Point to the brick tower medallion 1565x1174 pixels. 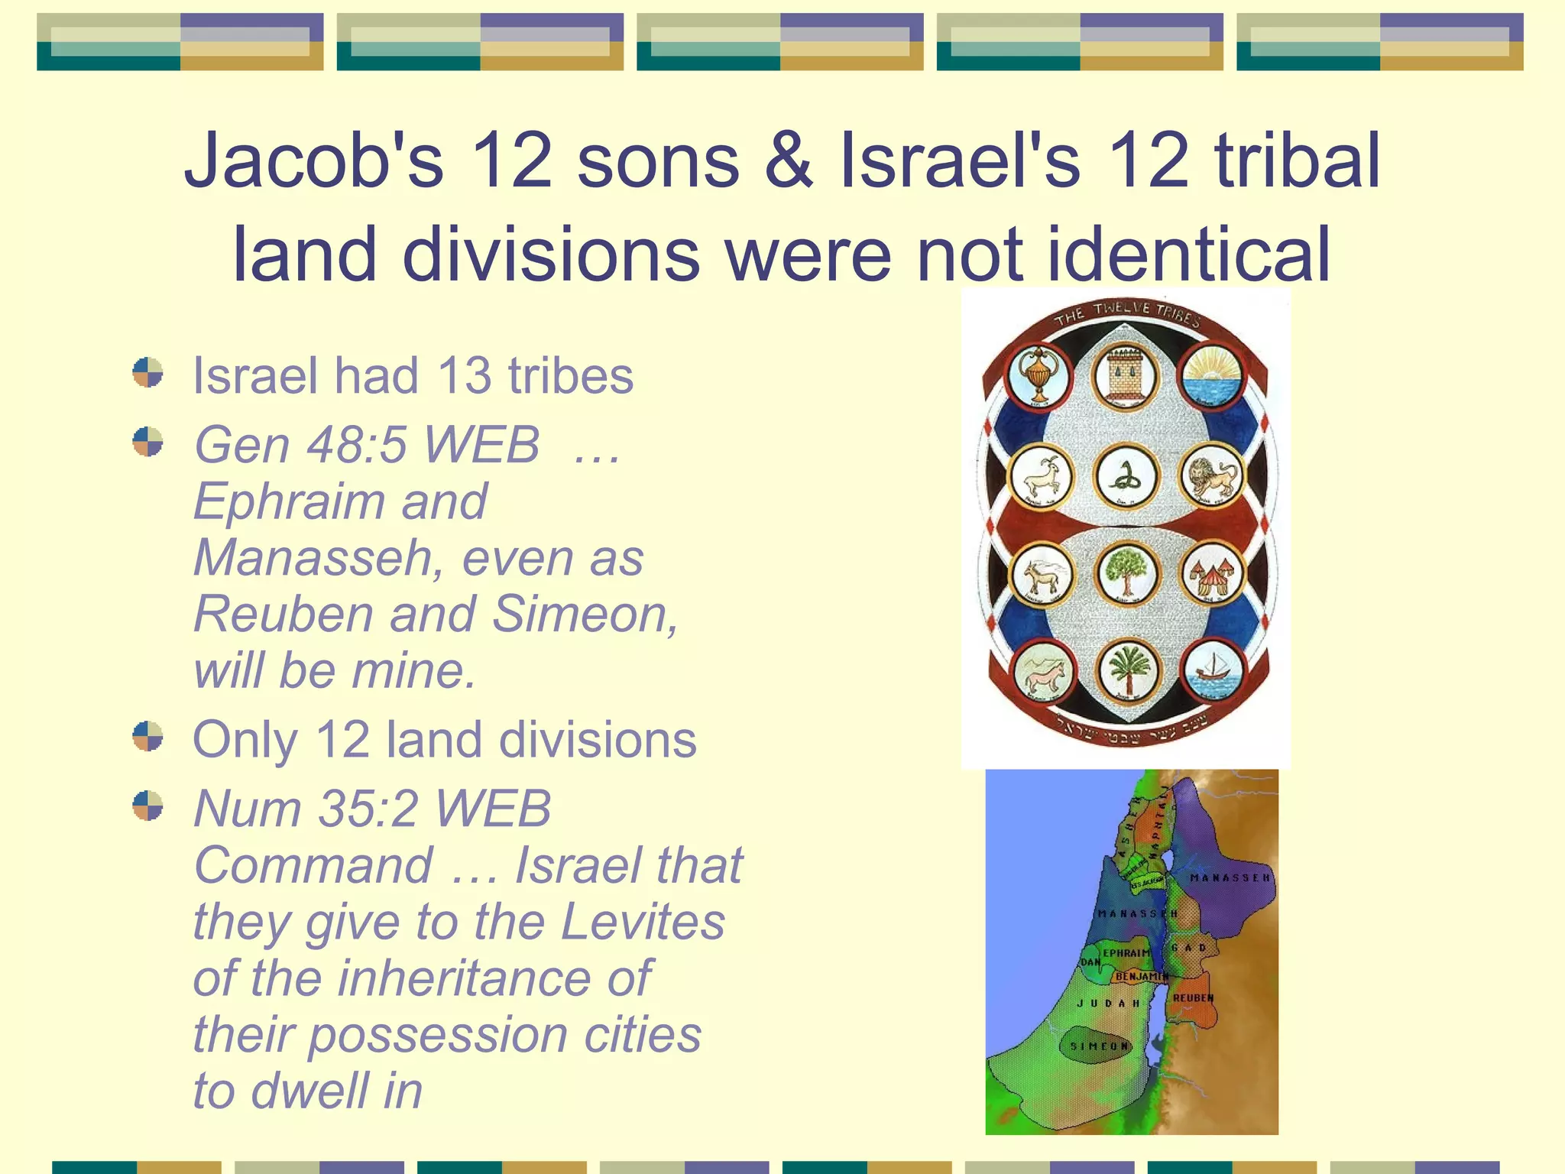[x=1123, y=375]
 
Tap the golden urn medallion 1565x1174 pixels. [x=1038, y=375]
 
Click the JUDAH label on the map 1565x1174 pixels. [x=1108, y=1004]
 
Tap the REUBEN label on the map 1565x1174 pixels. [x=1193, y=998]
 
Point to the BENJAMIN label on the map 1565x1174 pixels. [x=1142, y=977]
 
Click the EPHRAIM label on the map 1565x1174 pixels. [x=1126, y=953]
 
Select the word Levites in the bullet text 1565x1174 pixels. [x=643, y=922]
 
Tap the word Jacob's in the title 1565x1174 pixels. [x=313, y=161]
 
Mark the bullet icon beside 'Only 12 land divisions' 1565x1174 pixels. [x=147, y=737]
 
